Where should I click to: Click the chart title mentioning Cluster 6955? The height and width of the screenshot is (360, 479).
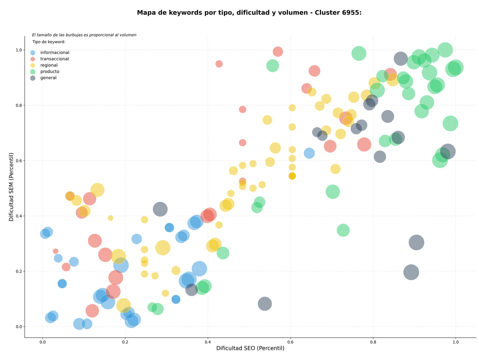[x=249, y=13]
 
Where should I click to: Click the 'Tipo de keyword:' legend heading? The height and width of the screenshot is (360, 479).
[x=49, y=42]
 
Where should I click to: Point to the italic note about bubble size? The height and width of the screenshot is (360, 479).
[x=84, y=35]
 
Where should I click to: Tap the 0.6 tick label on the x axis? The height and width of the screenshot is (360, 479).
[x=290, y=342]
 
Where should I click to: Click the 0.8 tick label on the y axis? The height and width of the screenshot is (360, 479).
[x=19, y=105]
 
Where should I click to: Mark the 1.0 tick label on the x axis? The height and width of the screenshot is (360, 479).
[x=456, y=342]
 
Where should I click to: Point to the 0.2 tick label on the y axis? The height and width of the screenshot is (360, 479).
[x=19, y=271]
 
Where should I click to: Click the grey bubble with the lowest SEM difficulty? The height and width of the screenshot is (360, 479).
[x=265, y=304]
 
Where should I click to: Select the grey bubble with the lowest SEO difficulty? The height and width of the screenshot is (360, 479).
[x=160, y=209]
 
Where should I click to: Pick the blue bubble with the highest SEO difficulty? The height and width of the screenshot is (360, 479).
[x=309, y=153]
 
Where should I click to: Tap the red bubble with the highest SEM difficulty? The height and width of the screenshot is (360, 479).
[x=278, y=52]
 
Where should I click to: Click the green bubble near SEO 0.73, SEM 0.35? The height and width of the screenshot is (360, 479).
[x=343, y=230]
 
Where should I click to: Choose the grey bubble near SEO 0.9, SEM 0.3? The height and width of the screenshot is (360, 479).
[x=416, y=243]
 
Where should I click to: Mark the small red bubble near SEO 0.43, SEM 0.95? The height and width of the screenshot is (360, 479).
[x=219, y=64]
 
